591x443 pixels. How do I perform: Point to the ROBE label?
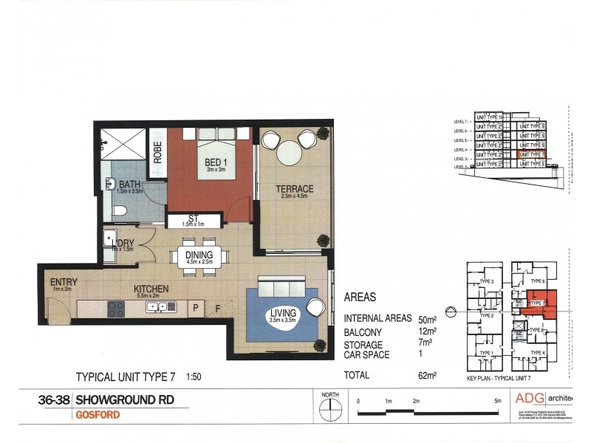pos(157,153)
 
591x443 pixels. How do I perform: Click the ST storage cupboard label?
pos(194,219)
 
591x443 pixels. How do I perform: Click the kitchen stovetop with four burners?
pos(117,309)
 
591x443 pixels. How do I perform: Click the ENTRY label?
pos(64,282)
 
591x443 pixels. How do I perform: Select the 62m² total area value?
pos(426,375)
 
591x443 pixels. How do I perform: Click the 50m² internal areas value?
pos(426,319)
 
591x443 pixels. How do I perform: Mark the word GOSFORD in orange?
pos(98,415)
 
